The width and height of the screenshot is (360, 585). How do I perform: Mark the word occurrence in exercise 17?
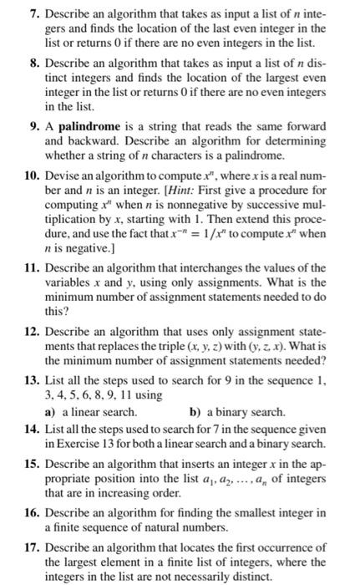pos(284,547)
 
